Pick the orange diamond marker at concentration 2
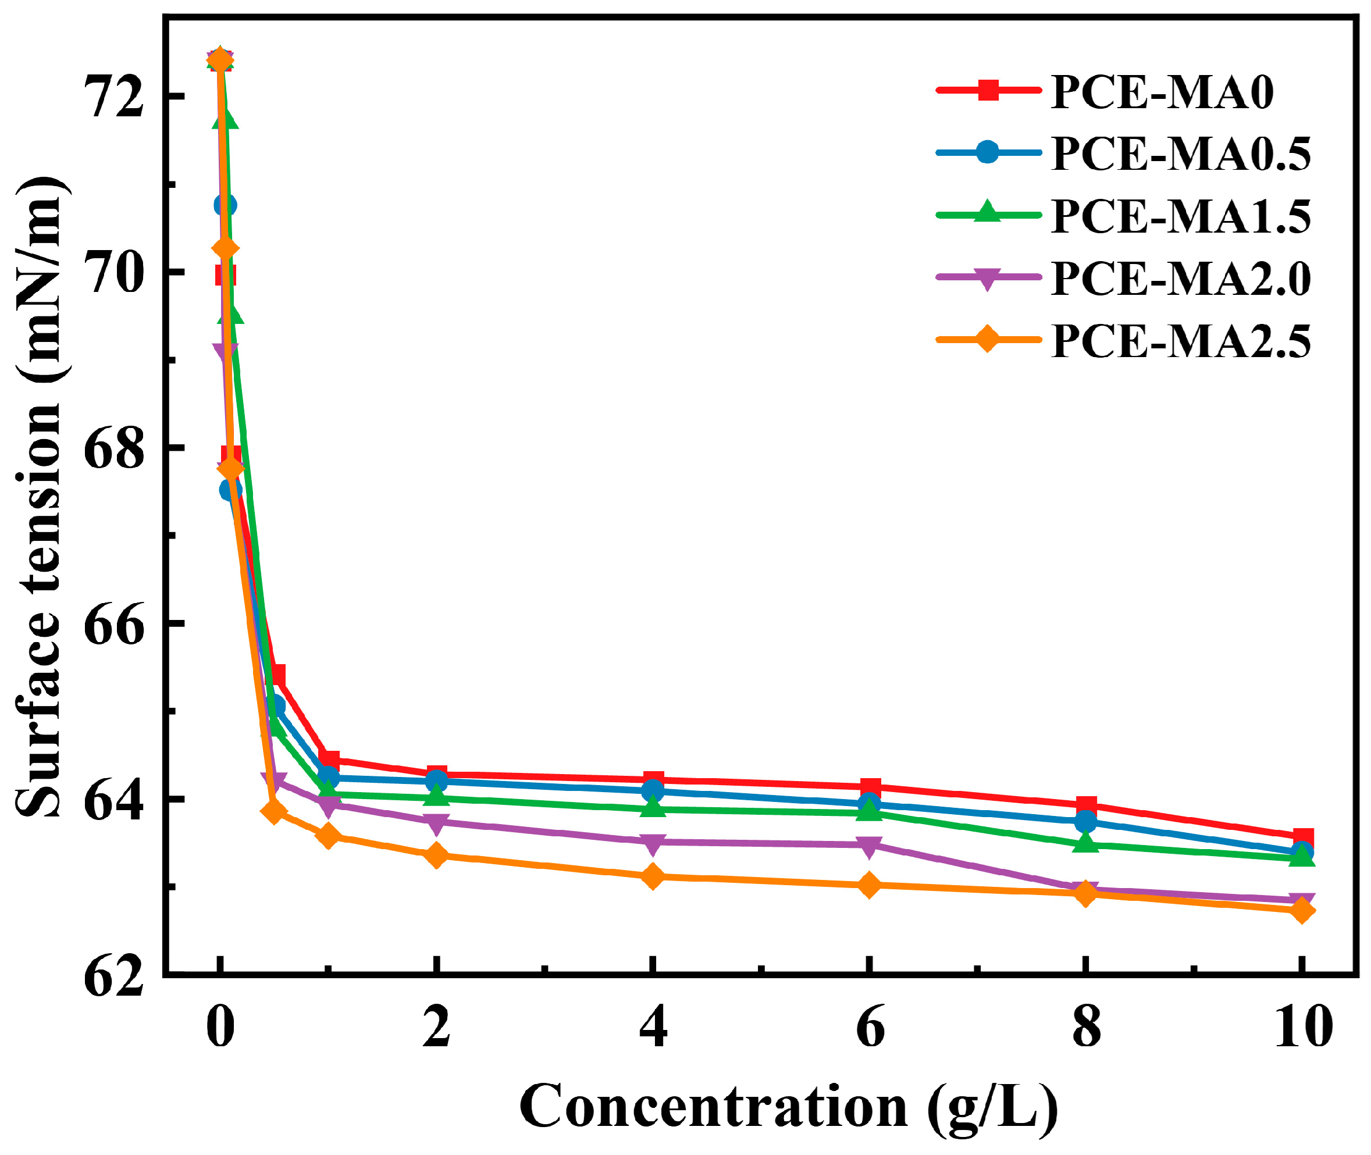[436, 855]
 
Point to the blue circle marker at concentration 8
[1085, 821]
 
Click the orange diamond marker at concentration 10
[1302, 911]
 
